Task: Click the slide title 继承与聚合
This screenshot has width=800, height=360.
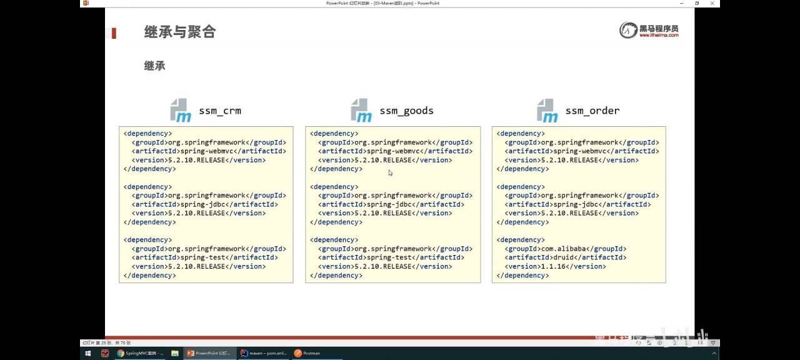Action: click(180, 32)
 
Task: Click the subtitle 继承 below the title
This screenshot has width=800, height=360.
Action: click(154, 66)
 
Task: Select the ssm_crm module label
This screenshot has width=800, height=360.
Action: click(220, 111)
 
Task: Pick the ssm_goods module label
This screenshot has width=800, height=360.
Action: click(406, 111)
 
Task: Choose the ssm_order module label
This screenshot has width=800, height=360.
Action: click(592, 111)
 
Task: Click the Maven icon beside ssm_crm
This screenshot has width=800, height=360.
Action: click(181, 110)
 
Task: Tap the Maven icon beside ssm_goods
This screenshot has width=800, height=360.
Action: click(361, 110)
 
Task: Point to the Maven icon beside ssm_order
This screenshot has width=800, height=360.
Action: click(547, 110)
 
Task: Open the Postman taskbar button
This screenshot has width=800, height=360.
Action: click(307, 353)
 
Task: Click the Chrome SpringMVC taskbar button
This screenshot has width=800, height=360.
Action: click(140, 353)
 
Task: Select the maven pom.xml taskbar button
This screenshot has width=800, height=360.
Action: click(264, 353)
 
